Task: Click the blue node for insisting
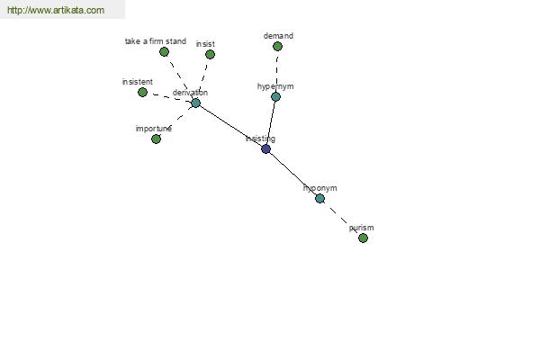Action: (265, 149)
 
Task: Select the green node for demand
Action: (277, 46)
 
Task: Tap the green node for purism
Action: (363, 238)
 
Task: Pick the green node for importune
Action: (156, 139)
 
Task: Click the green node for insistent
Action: (142, 93)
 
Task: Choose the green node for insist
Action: (210, 54)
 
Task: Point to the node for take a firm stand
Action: (165, 52)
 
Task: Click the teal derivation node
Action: (195, 103)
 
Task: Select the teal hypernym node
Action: (275, 97)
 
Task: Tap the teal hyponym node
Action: (319, 198)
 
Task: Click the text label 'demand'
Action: (278, 36)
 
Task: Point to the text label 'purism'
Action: (361, 228)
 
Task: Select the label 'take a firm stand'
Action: (156, 41)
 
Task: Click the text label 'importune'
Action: (154, 129)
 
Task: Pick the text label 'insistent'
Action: (138, 82)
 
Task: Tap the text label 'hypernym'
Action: (275, 86)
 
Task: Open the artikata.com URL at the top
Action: (56, 10)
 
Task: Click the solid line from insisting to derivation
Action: (230, 126)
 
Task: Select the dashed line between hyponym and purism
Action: (341, 218)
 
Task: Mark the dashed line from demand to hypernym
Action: (277, 71)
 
